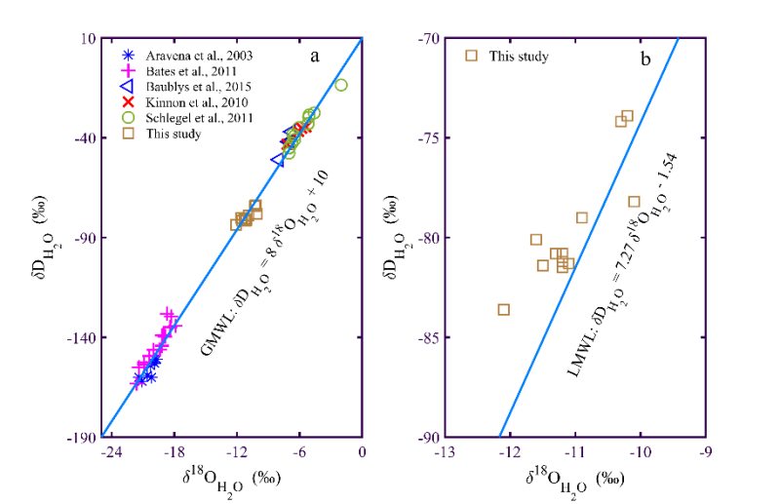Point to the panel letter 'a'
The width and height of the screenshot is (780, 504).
coord(315,56)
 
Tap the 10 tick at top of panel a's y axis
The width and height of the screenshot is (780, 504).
coord(88,38)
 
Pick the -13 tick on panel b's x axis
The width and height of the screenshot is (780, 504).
coord(444,452)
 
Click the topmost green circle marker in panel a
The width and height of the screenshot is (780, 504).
coord(341,85)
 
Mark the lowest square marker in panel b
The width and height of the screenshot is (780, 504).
coord(504,309)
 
